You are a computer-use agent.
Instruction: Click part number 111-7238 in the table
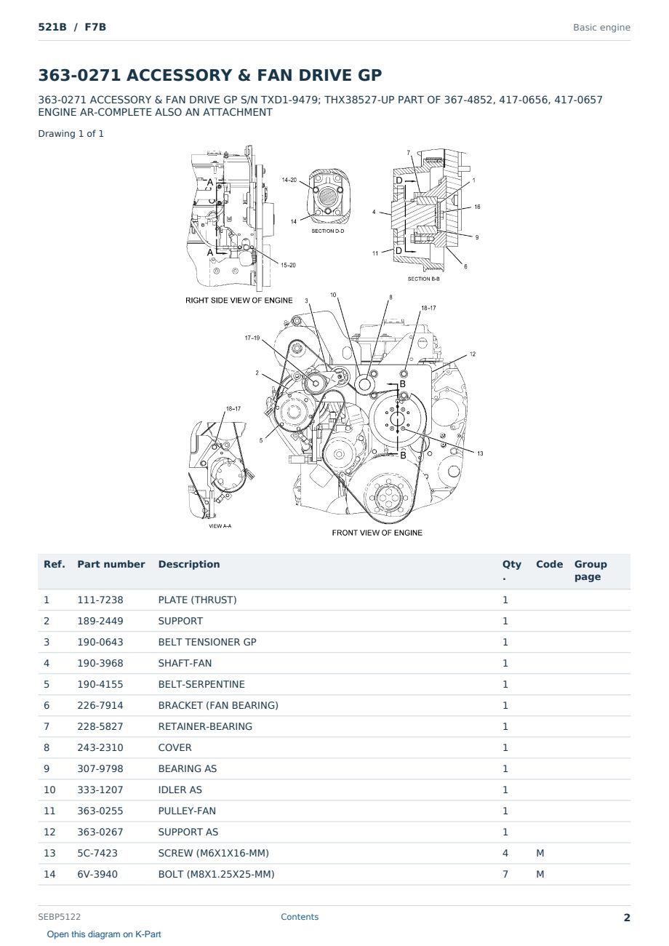(100, 600)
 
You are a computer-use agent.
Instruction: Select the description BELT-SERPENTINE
(201, 684)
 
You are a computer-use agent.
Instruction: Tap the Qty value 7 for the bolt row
(505, 874)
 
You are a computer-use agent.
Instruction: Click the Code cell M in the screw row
(540, 853)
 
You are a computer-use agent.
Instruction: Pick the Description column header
(189, 564)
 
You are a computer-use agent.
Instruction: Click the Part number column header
(111, 564)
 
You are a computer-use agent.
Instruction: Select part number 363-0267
(100, 832)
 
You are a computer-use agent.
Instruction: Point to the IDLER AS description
(180, 790)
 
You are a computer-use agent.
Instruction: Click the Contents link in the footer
(300, 917)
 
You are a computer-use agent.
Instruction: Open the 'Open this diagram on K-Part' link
(104, 934)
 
